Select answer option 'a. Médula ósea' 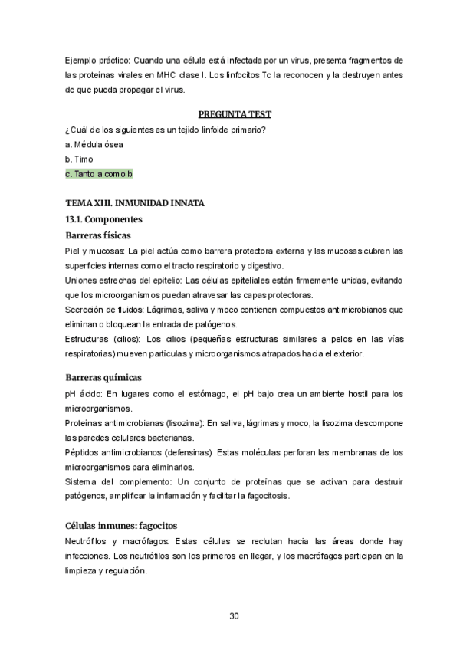coord(94,143)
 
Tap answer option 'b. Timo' coord(79,159)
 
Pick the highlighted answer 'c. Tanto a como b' coord(100,174)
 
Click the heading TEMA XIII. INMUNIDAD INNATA coord(135,203)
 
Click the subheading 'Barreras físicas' coord(103,235)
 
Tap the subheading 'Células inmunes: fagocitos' coord(121,526)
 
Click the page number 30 coord(235,616)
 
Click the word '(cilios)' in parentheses coord(123,339)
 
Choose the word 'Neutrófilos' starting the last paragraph coord(87,542)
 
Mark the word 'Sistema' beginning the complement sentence coord(82,481)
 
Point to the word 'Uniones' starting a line coord(81,280)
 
